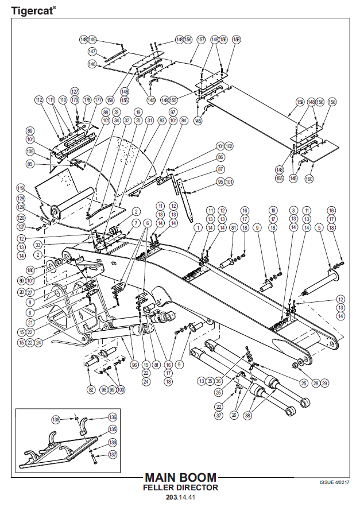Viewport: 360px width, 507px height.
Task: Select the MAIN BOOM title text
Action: point(180,477)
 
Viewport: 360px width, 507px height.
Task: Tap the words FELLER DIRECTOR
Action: point(180,487)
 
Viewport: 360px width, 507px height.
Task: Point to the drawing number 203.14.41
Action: point(180,497)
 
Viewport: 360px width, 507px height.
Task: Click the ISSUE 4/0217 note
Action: point(334,482)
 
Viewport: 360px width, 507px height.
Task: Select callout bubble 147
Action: point(92,52)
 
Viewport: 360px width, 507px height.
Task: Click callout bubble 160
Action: point(309,179)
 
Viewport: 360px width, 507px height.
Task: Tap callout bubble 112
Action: point(39,100)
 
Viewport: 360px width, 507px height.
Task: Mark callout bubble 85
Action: point(30,164)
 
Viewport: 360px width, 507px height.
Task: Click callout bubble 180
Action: point(30,269)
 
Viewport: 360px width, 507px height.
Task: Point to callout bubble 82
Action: point(91,389)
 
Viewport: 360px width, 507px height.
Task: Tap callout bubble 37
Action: point(219,415)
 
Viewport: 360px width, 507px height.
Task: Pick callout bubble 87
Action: point(220,169)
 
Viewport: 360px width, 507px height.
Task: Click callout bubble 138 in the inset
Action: point(56,419)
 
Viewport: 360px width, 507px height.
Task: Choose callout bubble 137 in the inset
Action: point(113,455)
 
